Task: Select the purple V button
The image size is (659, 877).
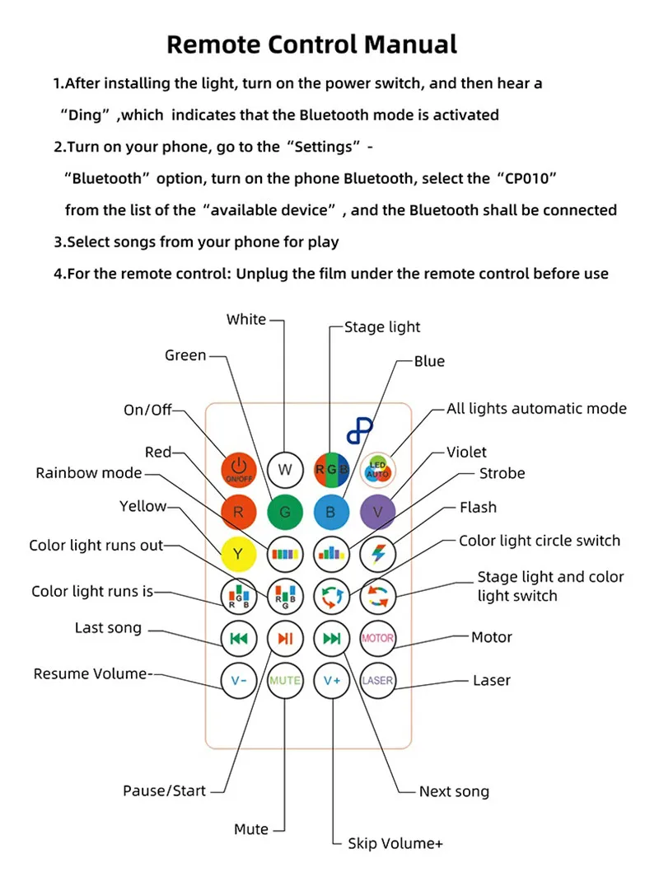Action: point(378,512)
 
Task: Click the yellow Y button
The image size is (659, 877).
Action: point(238,553)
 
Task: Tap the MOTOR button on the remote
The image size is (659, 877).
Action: point(378,637)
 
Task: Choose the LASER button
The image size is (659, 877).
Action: point(378,680)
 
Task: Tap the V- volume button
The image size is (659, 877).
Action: point(238,680)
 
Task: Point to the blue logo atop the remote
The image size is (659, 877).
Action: point(359,431)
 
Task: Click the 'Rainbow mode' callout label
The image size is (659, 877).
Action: point(89,473)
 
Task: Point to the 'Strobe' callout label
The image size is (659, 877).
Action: point(502,473)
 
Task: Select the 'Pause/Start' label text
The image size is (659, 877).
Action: point(164,790)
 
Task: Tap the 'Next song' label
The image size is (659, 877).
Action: point(454,791)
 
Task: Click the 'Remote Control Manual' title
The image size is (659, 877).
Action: point(311,44)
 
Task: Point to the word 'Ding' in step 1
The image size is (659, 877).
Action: point(83,115)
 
